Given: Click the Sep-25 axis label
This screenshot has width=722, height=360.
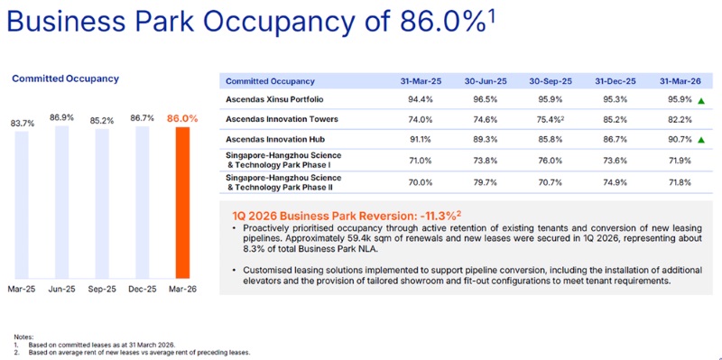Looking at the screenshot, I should coord(102,289).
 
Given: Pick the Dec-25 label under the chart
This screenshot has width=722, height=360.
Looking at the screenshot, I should coord(143,289).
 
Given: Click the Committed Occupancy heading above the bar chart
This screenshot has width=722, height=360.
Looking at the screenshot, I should coord(65,78).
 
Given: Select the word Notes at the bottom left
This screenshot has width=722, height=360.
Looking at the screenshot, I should coord(23,337).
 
